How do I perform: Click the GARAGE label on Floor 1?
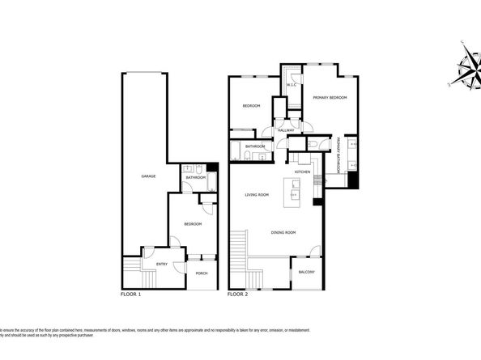[x=148, y=176]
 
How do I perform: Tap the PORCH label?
[x=202, y=273]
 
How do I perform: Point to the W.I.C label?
[x=292, y=85]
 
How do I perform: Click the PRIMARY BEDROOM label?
[x=330, y=98]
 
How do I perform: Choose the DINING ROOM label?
[x=283, y=232]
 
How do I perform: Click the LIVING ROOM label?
[x=257, y=194]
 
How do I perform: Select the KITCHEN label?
[x=303, y=172]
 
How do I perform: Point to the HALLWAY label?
[x=285, y=130]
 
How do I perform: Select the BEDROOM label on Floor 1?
[x=192, y=224]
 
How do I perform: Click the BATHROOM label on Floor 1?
[x=194, y=176]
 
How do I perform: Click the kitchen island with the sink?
[x=294, y=190]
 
